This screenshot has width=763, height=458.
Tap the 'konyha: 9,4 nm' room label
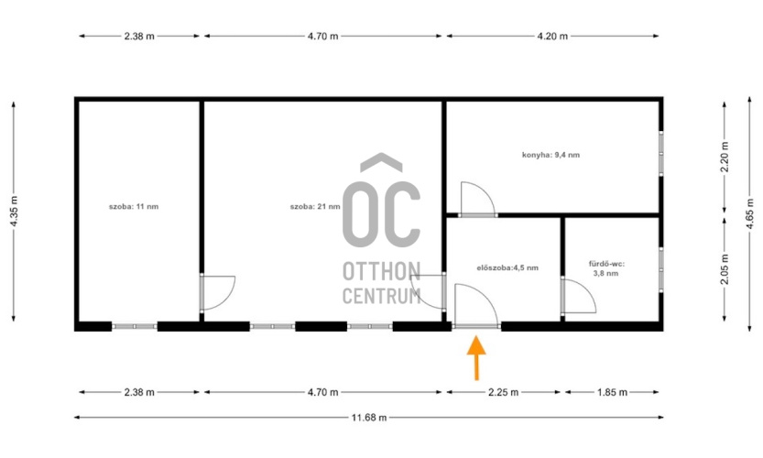coord(550,156)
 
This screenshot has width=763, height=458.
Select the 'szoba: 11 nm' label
coord(134,206)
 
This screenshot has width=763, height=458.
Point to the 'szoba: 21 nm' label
coord(315,206)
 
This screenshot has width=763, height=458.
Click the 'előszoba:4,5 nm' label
coord(507,267)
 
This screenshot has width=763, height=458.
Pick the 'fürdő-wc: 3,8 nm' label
coord(606,268)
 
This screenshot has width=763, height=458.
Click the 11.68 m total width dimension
coord(369,417)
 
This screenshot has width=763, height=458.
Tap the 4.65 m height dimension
coord(749,214)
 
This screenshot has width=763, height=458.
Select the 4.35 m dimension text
coord(14,211)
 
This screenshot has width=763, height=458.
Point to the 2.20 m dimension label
coord(725,157)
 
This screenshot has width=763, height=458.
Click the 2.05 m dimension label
coord(725,269)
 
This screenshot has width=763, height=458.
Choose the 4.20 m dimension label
coord(552,36)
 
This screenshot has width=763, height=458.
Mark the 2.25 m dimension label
coord(503,392)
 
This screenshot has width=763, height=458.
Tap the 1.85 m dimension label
coord(612,392)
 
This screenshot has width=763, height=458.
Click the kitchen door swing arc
coord(487,191)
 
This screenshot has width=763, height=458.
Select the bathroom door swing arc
coord(588,290)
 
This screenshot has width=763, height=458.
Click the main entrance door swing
coord(486,298)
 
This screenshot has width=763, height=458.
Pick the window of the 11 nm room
coord(135,327)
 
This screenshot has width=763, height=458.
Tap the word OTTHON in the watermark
coord(381,271)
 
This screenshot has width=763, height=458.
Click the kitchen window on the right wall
coord(660,154)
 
